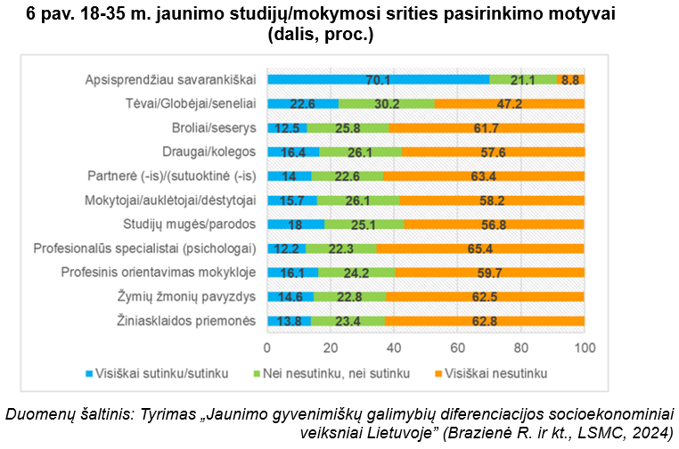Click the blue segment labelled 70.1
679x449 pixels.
click(x=378, y=79)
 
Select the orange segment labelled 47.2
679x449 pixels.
click(x=509, y=103)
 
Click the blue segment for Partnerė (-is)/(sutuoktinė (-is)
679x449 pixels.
click(x=289, y=176)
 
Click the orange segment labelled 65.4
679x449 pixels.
click(x=480, y=248)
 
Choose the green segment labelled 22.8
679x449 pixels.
click(x=349, y=296)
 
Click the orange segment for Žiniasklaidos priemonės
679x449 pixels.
click(x=485, y=320)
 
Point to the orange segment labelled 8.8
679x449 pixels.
click(x=570, y=79)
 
